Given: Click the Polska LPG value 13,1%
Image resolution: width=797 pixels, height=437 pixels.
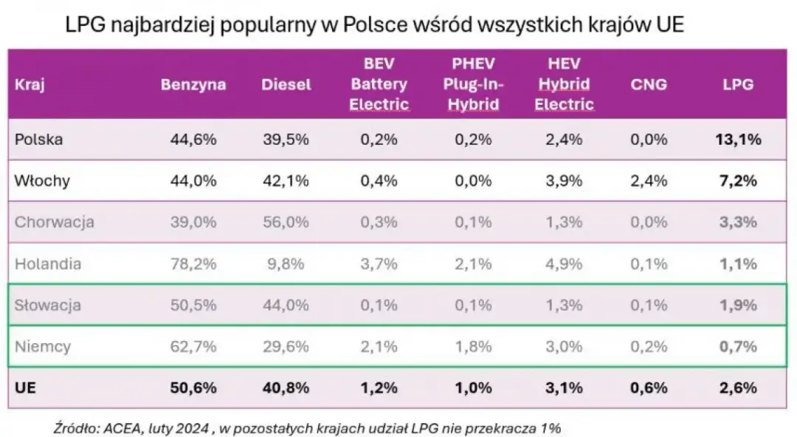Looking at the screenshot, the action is point(739,140).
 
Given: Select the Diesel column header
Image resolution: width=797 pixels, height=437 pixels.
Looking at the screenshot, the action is point(286,84).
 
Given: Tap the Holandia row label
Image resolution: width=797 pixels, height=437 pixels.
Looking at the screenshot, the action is point(48,263).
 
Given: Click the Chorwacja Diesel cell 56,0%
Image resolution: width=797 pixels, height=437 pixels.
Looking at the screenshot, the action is point(286,221).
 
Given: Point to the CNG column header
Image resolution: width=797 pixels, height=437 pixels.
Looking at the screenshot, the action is point(649,84).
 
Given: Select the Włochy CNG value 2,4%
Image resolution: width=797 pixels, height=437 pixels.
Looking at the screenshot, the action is point(649,181).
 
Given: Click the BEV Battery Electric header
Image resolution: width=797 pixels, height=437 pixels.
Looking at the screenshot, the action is point(379,84).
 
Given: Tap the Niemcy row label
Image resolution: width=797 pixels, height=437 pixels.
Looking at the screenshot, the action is point(43,345).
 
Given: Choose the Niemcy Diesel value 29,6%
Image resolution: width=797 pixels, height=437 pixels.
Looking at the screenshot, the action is point(286,345).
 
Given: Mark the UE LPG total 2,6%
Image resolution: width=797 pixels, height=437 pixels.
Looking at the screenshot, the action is point(739,388).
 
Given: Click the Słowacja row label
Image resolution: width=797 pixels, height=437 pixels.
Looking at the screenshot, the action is point(48,304).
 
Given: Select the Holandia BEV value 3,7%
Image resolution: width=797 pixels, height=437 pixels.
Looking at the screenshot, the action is point(379,263).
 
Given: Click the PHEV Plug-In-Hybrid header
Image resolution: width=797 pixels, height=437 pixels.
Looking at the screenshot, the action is point(472,84).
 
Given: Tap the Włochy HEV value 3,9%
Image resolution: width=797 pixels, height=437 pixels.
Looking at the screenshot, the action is point(565,181).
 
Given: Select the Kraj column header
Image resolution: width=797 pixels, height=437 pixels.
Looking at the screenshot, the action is point(30,84).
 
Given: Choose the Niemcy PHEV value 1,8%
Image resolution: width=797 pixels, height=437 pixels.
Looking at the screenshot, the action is point(472,345).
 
